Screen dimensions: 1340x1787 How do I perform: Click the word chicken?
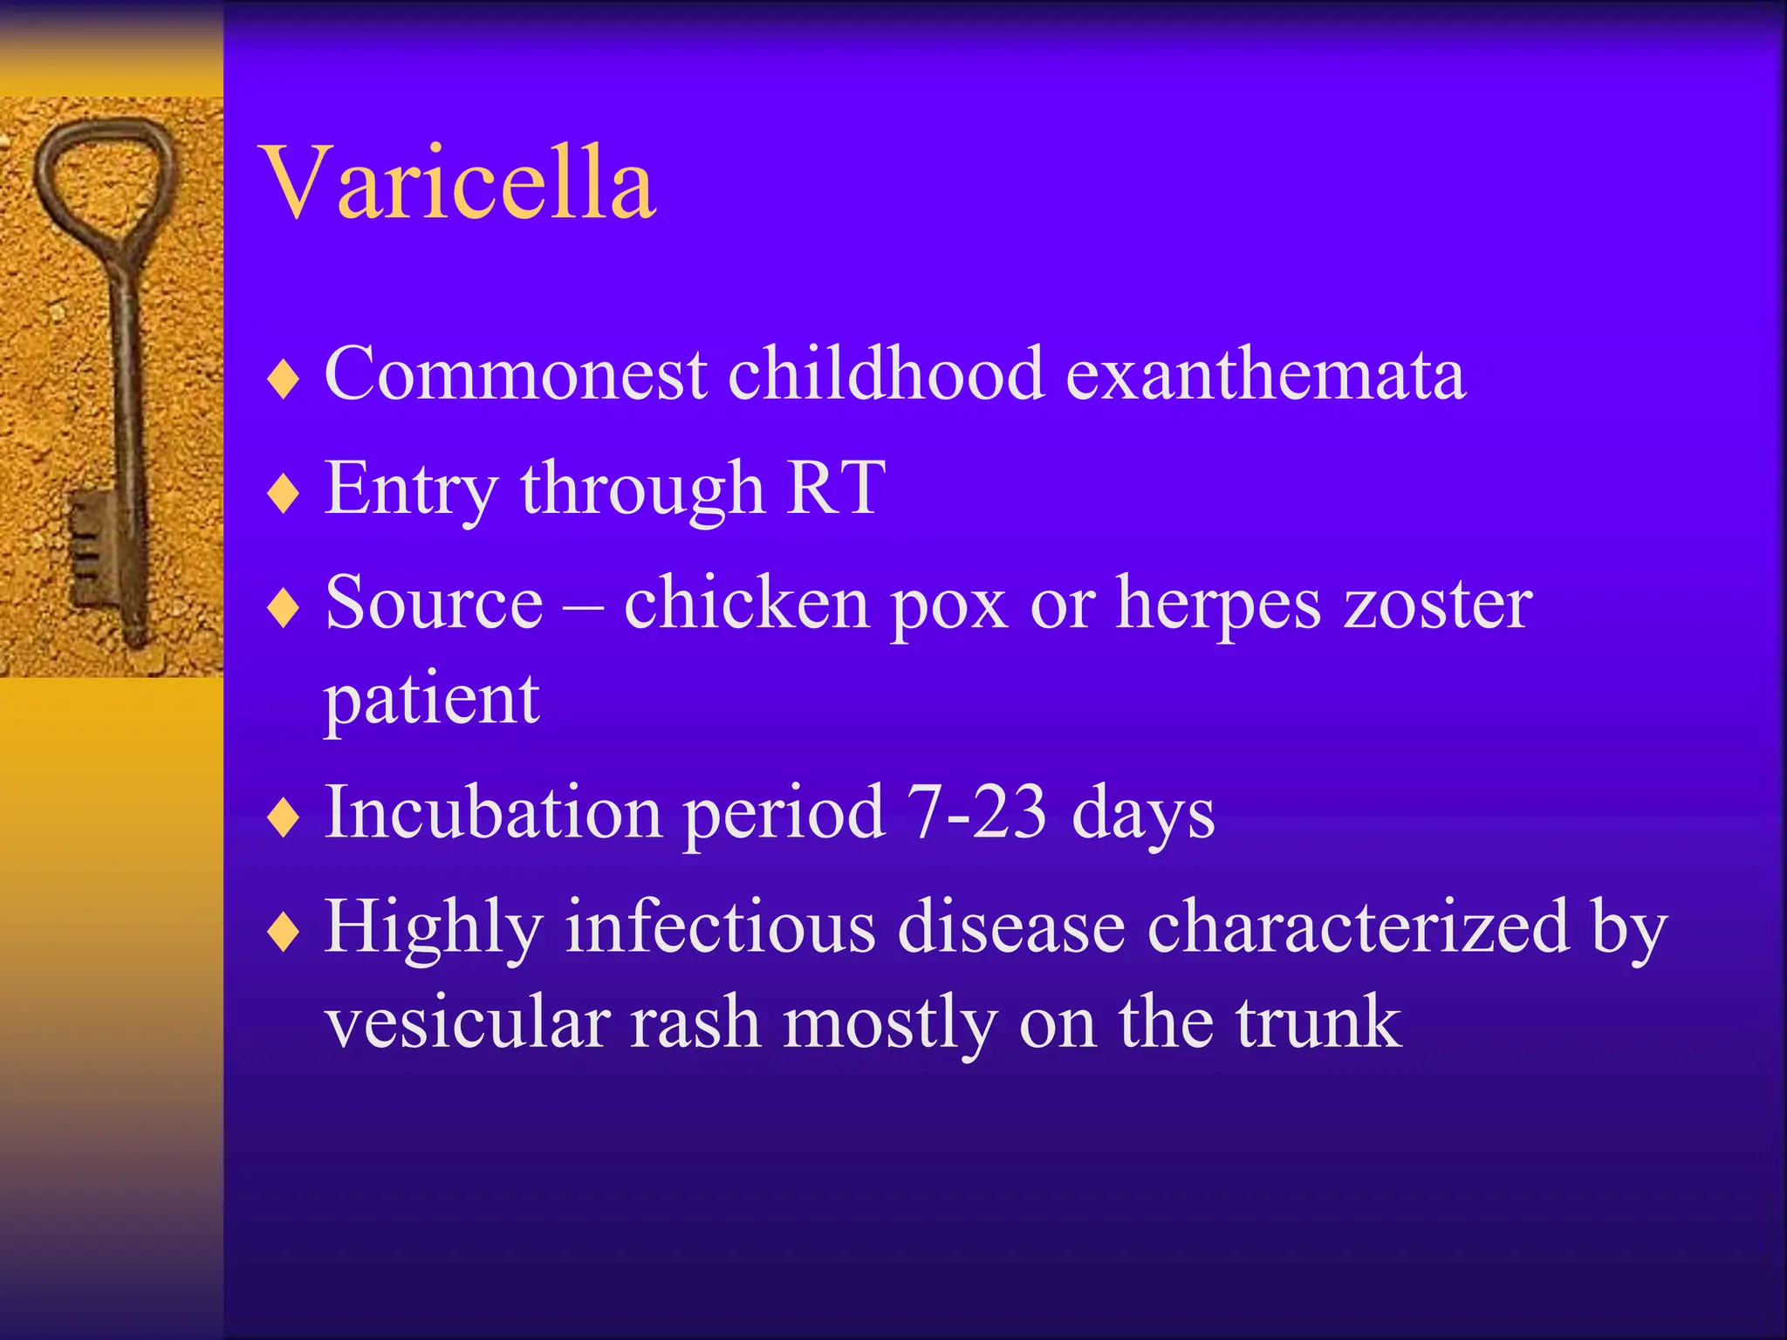tap(746, 604)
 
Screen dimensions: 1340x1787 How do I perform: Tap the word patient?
tap(432, 700)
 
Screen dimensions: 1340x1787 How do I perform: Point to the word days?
tap(1143, 816)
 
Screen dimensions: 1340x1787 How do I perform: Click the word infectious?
tap(720, 926)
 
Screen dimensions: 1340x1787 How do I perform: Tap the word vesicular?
tap(468, 1022)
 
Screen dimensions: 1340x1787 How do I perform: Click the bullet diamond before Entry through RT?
tap(284, 494)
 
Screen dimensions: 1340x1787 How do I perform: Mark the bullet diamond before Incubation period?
tap(284, 818)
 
